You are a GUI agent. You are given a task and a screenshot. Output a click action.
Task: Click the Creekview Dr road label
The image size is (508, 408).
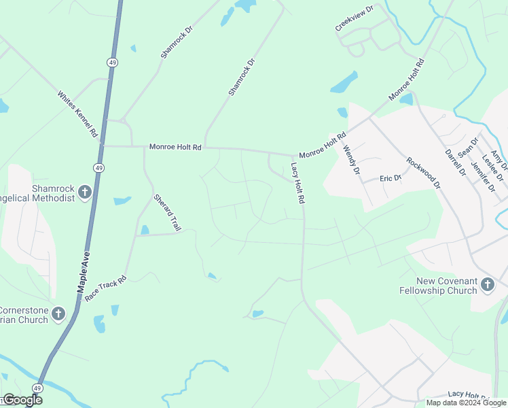click(x=355, y=20)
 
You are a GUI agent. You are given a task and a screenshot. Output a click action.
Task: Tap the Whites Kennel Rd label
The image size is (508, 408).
click(x=77, y=115)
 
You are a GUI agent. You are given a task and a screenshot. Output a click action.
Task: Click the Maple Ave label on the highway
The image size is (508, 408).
click(x=83, y=273)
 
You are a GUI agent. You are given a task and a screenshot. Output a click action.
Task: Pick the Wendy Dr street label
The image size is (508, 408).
click(x=350, y=160)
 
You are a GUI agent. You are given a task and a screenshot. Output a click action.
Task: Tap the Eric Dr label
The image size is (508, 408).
click(x=391, y=178)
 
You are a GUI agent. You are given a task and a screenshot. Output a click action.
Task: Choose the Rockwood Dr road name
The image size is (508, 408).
click(x=423, y=173)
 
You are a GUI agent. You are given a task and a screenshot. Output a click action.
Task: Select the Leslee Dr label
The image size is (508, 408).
click(x=490, y=165)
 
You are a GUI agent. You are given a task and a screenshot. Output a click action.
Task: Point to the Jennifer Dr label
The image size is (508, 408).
click(x=479, y=171)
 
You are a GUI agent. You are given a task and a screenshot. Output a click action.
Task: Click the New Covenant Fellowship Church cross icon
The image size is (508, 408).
click(x=487, y=284)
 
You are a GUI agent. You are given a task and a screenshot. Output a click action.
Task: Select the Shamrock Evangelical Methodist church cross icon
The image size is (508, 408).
click(x=84, y=192)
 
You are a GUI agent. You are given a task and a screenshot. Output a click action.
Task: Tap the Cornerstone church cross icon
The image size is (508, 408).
click(x=58, y=313)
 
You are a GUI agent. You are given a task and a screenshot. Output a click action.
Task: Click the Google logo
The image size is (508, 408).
click(x=22, y=400)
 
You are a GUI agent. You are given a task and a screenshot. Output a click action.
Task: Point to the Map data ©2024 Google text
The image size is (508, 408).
click(x=466, y=403)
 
